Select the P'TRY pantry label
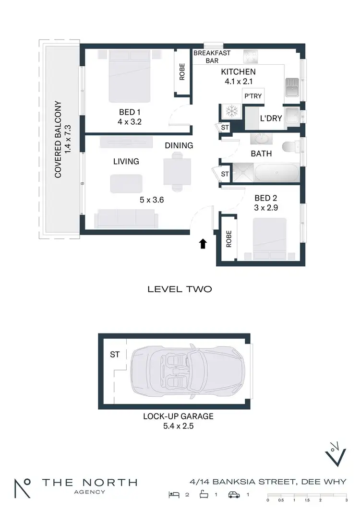click(252, 96)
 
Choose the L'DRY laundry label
click(271, 118)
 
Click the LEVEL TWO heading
click(180, 289)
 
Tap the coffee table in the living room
click(126, 183)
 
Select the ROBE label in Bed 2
click(229, 239)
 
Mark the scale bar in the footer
click(306, 494)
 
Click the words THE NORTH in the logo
click(89, 483)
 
